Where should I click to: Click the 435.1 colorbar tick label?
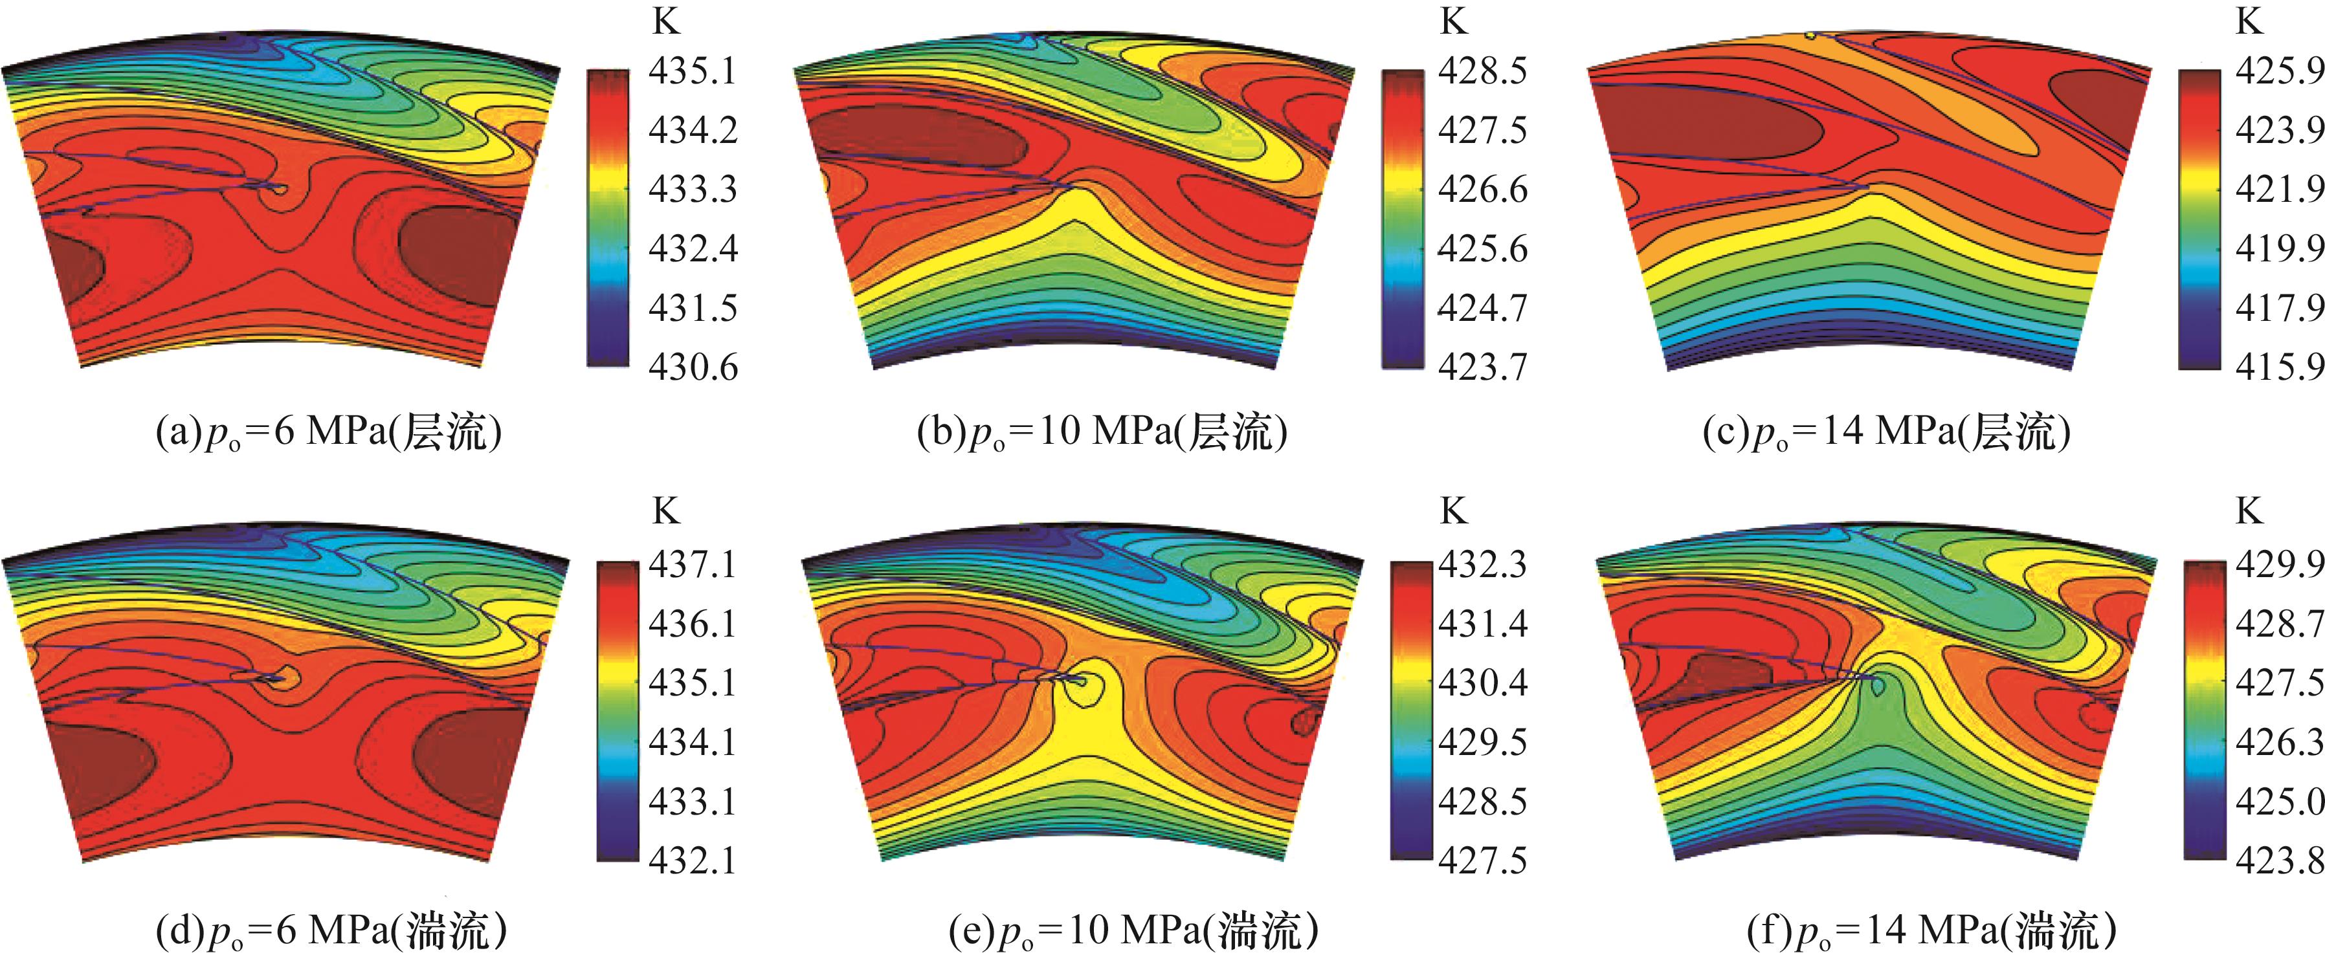pos(693,71)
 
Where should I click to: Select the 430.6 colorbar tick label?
pos(693,367)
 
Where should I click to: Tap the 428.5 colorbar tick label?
pos(1483,71)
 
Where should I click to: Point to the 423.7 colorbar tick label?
pos(1483,367)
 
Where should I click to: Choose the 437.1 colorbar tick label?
pos(693,565)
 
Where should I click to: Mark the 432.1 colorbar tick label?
pos(693,860)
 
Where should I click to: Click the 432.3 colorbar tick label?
pos(1483,565)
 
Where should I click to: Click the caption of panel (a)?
pos(329,433)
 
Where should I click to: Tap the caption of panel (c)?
pos(1886,433)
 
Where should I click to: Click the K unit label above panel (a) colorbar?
pos(666,21)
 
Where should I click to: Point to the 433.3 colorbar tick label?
pos(693,190)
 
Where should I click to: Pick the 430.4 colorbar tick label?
pos(1483,683)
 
